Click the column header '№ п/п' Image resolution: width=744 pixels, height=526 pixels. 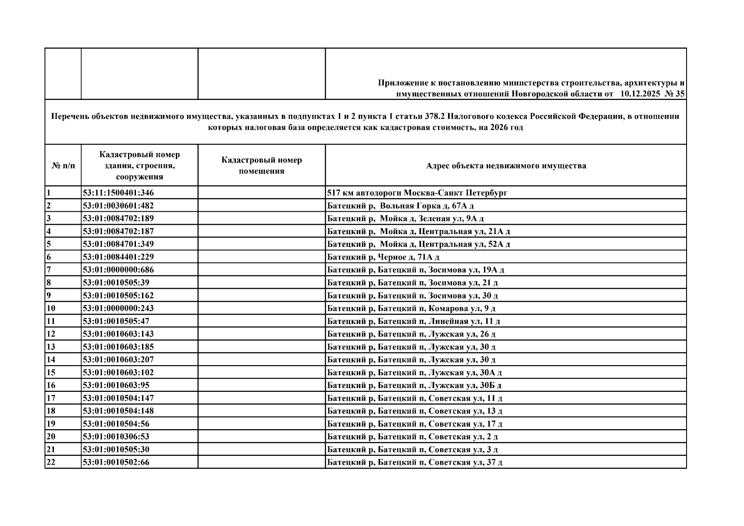(63, 166)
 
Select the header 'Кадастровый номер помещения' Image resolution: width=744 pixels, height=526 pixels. (261, 166)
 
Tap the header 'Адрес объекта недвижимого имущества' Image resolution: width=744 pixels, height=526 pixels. (505, 166)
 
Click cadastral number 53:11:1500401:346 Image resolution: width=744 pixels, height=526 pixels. (118, 193)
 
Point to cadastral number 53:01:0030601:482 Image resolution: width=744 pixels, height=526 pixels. (118, 206)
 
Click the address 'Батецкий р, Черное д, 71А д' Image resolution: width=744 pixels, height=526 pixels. (383, 257)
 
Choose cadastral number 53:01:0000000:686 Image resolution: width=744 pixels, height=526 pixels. (118, 270)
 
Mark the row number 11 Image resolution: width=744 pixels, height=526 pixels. (50, 321)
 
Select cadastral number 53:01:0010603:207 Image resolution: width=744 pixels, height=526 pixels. (118, 359)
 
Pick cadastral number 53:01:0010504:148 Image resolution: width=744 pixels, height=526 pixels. (118, 411)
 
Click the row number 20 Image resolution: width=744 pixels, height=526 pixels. (51, 437)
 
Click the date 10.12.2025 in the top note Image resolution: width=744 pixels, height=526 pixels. (640, 94)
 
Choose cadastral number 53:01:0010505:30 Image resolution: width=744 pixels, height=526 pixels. (116, 449)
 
